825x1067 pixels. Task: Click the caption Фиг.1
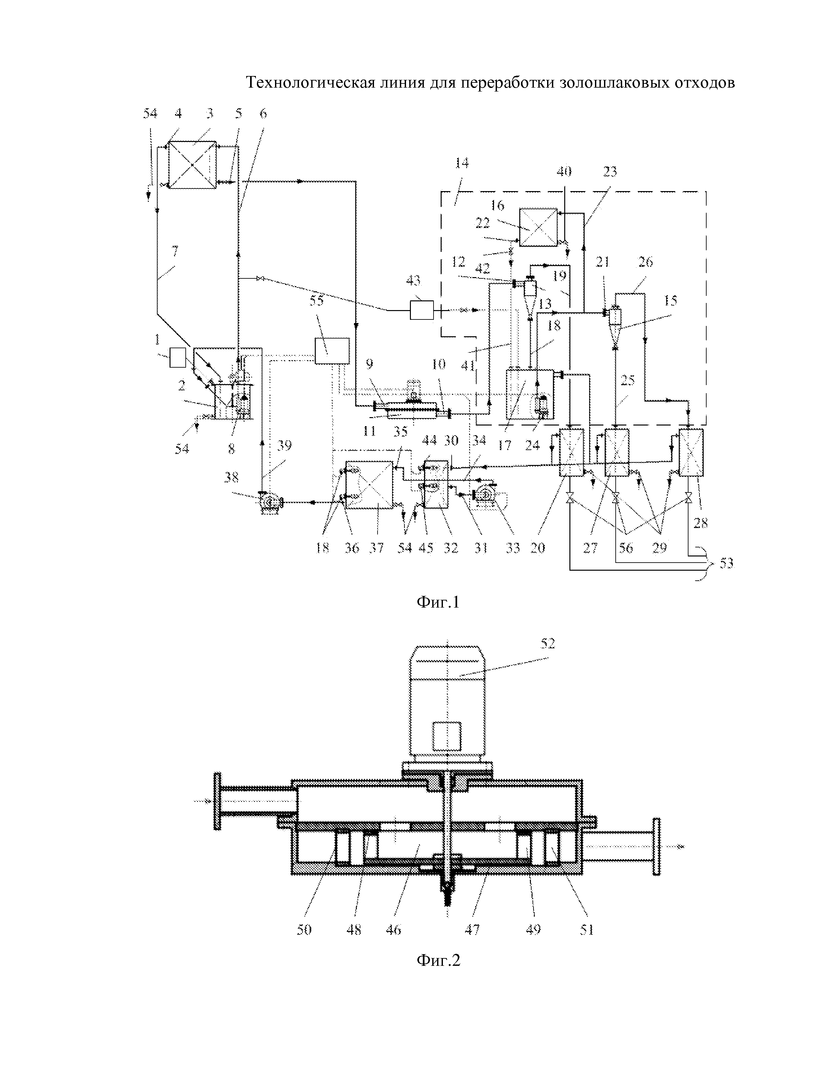438,602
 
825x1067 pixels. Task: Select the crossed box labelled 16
538,227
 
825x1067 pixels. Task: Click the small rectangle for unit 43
421,310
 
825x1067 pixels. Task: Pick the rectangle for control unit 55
332,351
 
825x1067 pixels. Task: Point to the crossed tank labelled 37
369,485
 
